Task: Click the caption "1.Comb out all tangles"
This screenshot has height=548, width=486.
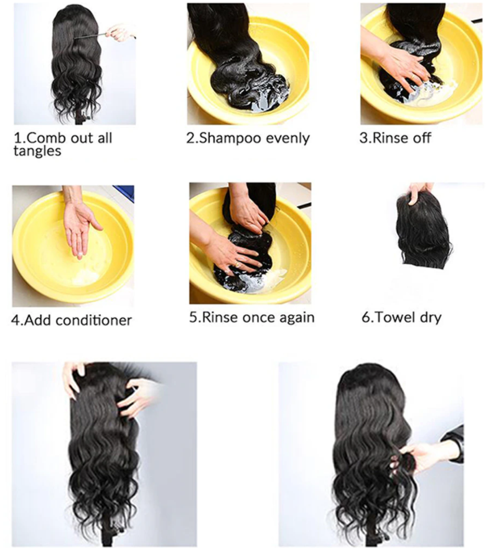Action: [62, 143]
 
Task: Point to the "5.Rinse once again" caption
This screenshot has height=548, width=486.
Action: [251, 317]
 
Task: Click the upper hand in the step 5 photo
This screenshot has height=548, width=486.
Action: [250, 211]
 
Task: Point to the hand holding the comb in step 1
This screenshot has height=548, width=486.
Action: [121, 31]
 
